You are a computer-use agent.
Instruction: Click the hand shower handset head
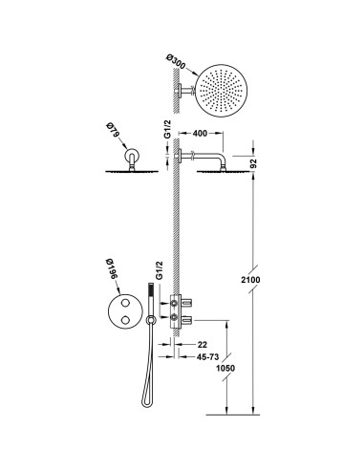pos(149,287)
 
